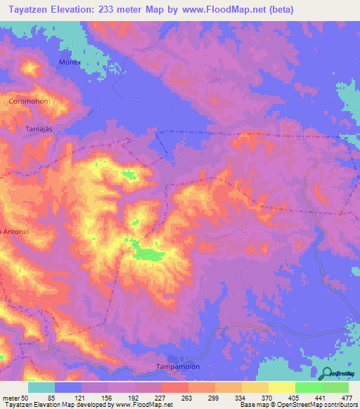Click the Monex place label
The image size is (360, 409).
pos(70,62)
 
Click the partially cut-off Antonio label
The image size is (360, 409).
pos(14,231)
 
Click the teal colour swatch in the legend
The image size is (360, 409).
pos(41,388)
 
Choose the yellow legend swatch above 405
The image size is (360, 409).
pos(282,388)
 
